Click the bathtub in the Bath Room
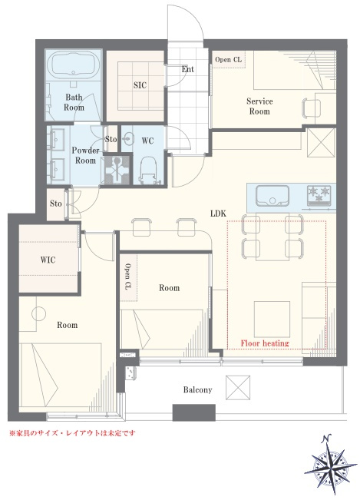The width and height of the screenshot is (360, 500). click(73, 64)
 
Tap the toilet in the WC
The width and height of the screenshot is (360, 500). click(149, 170)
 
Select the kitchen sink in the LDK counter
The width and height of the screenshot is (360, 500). click(272, 196)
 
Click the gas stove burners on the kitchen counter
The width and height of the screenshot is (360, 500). click(319, 195)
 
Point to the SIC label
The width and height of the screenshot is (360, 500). click(140, 85)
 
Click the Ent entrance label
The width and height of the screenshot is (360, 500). click(187, 69)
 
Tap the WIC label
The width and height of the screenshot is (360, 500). click(48, 260)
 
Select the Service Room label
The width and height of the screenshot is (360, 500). click(259, 106)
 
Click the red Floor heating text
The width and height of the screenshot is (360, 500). click(265, 343)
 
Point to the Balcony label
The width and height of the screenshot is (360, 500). click(197, 389)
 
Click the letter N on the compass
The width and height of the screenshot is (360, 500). click(326, 439)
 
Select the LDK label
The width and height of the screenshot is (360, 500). click(218, 214)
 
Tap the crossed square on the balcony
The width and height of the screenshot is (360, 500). click(238, 387)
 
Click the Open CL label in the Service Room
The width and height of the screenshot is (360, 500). click(228, 60)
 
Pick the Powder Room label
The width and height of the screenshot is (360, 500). click(85, 155)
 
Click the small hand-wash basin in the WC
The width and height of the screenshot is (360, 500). click(129, 139)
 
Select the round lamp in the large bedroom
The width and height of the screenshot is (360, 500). click(38, 313)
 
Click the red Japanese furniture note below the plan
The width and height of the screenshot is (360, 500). click(72, 433)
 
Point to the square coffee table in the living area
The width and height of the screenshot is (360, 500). click(272, 319)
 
